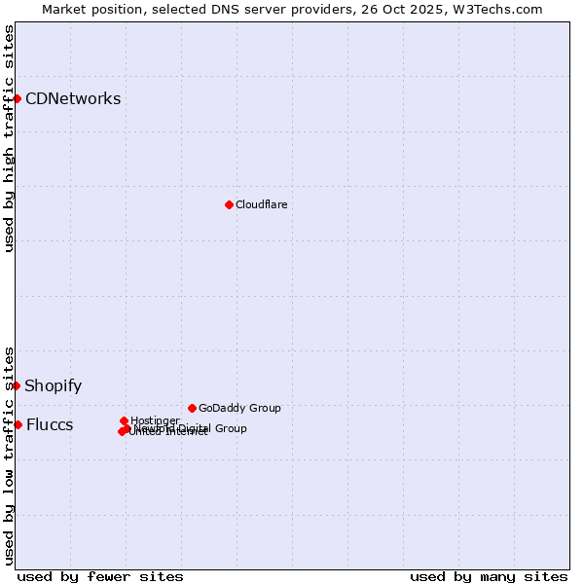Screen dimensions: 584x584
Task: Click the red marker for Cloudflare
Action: pos(229,204)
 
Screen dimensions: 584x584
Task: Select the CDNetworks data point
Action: pos(17,98)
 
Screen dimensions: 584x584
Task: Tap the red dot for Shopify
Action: pos(17,385)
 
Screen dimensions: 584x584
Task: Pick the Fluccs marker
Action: pos(18,424)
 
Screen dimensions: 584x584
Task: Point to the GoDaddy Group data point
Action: pos(192,408)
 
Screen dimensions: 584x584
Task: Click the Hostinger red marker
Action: pos(124,420)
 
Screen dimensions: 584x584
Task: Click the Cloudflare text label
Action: pos(261,204)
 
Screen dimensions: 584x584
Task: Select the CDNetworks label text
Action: pos(73,98)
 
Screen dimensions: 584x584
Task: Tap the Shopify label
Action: pos(54,385)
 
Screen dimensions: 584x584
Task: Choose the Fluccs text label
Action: pos(50,424)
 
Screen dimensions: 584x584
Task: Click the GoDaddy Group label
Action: pos(239,408)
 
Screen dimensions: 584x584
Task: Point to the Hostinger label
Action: pos(155,420)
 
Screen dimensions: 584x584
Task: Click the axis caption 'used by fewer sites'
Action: pos(100,576)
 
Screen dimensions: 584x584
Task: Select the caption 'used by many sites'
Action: pos(489,576)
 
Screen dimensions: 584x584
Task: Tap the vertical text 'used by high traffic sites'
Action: pos(9,138)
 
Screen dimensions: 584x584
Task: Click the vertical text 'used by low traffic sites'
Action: pos(9,455)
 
